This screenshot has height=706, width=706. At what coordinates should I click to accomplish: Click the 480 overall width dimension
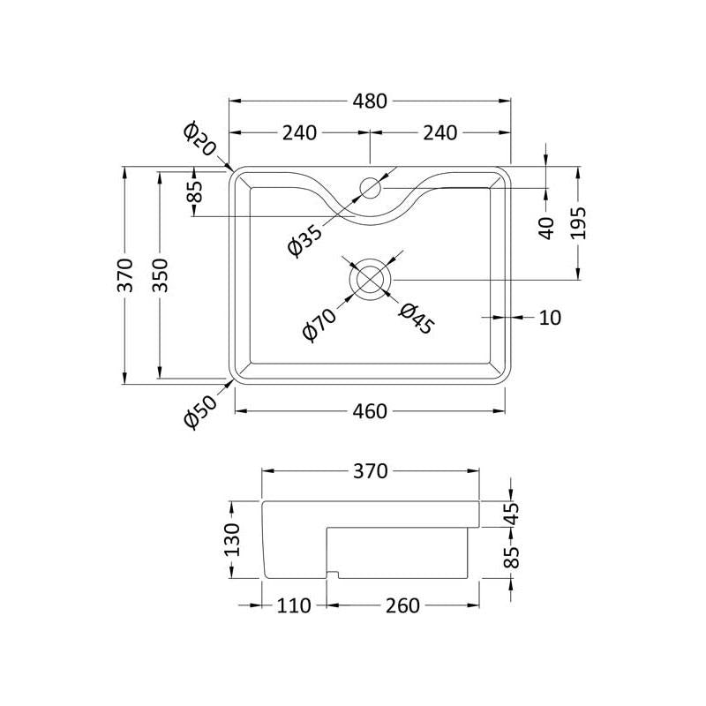370,101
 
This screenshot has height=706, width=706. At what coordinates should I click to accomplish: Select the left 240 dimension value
299,133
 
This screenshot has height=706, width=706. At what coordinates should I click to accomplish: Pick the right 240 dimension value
439,133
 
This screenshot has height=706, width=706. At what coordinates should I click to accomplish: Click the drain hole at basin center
370,279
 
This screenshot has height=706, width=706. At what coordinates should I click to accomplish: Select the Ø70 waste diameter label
319,324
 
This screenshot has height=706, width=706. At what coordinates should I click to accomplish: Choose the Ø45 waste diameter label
417,319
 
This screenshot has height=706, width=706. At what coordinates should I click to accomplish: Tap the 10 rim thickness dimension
550,318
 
